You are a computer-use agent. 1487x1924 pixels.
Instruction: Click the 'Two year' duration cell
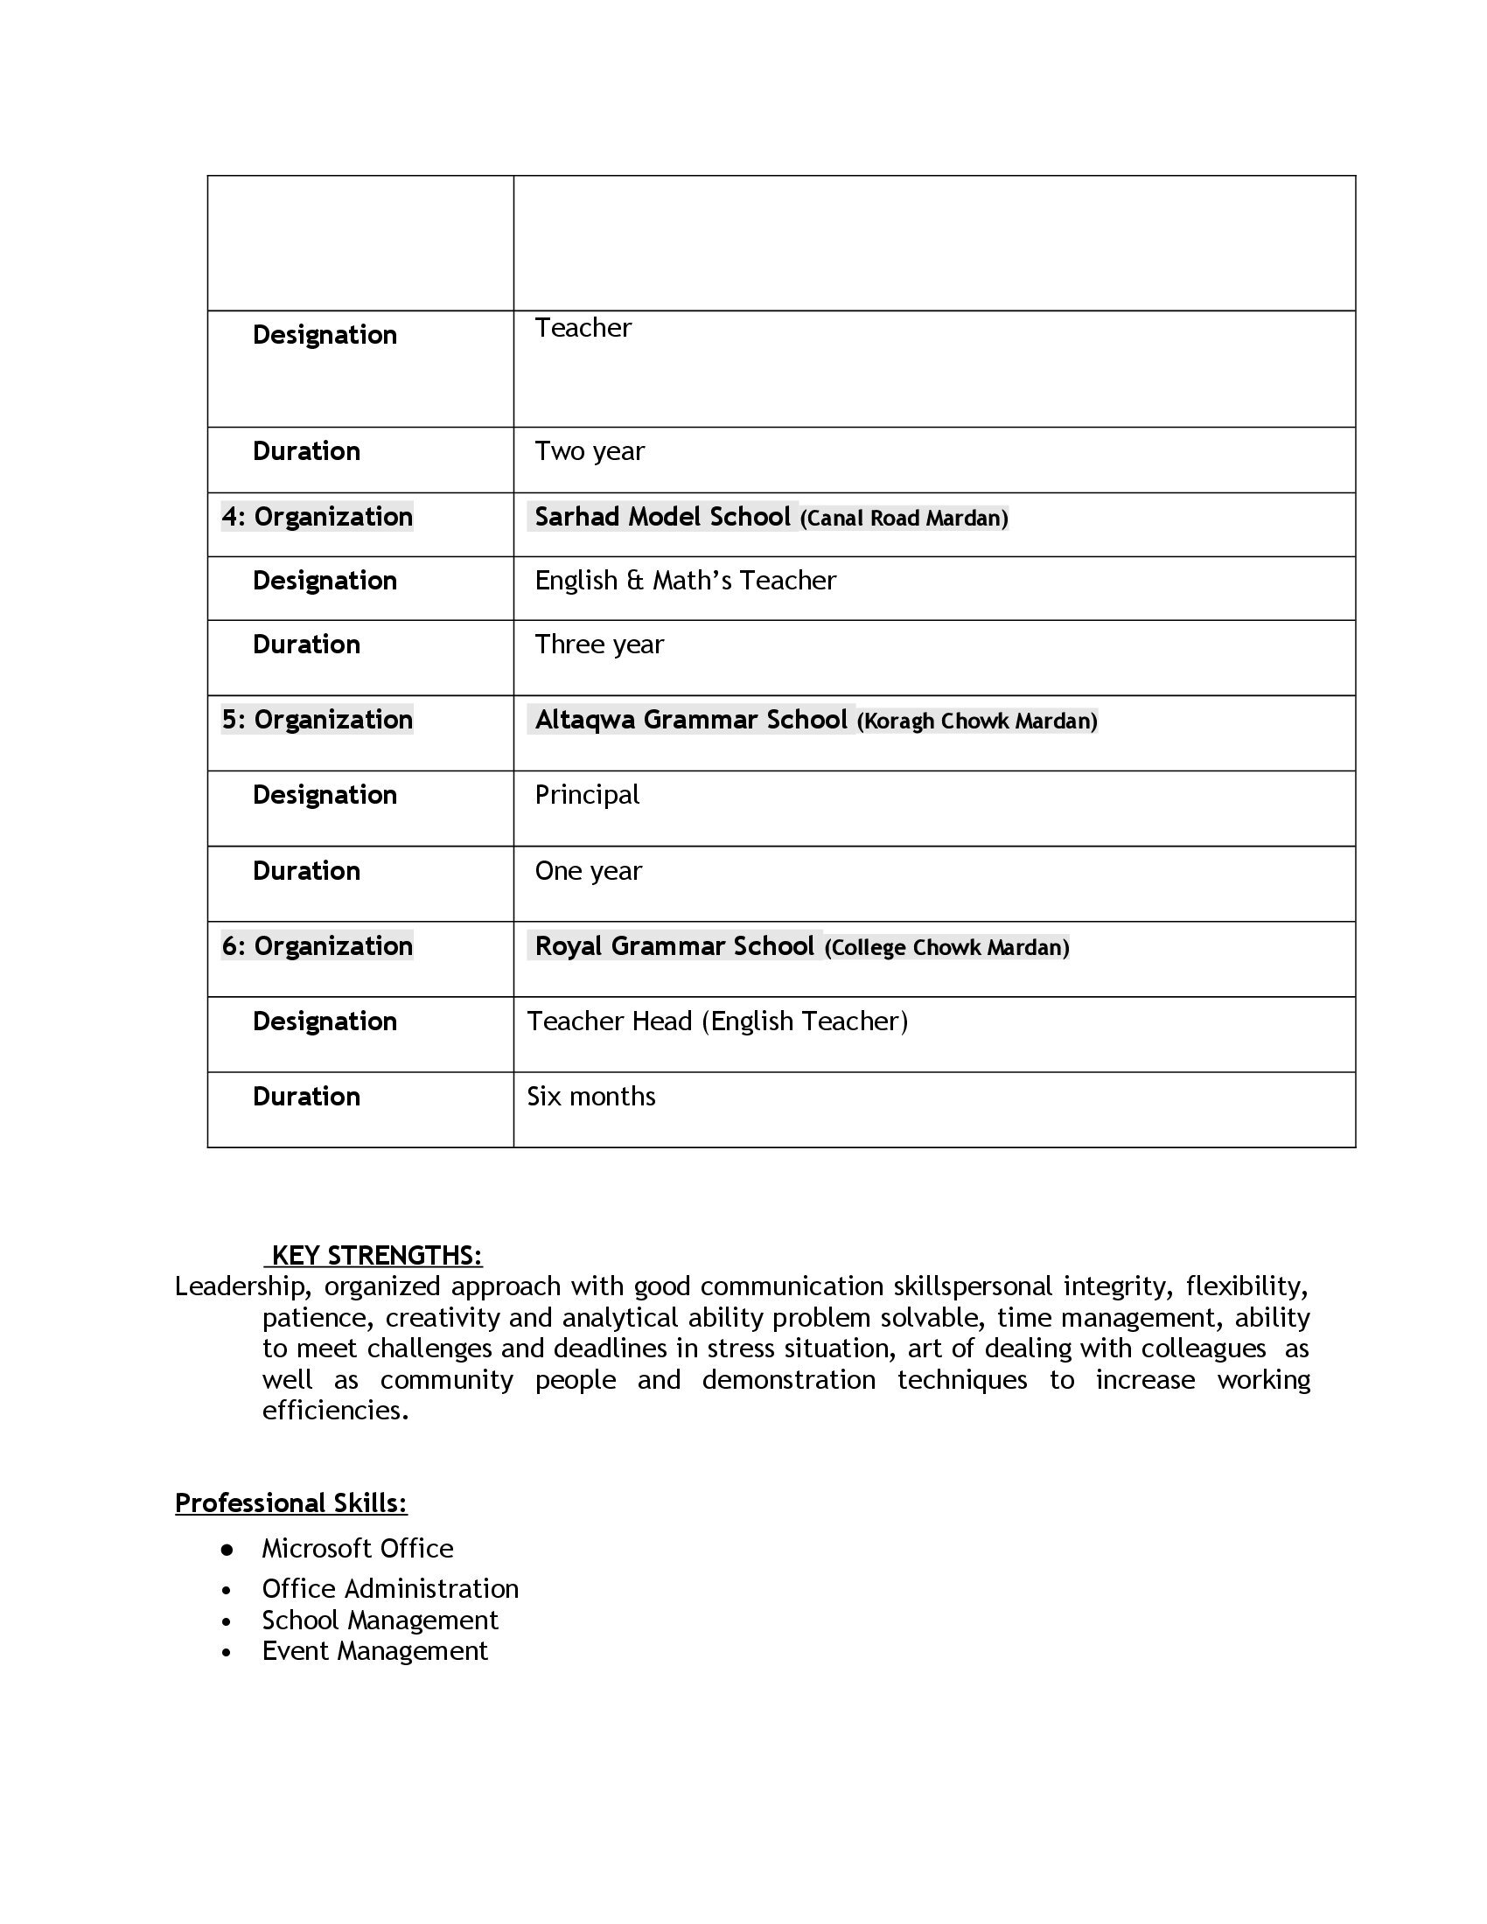tap(590, 451)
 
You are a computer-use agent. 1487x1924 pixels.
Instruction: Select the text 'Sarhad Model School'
tap(662, 516)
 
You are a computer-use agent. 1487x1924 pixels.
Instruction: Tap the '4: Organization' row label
tap(318, 516)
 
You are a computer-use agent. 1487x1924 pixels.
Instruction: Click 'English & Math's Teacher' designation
tap(686, 581)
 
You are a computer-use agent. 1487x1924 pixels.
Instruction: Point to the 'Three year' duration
tap(599, 645)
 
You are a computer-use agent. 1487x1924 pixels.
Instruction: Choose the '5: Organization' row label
tap(318, 720)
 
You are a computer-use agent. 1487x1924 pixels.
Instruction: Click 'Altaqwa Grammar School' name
tap(691, 720)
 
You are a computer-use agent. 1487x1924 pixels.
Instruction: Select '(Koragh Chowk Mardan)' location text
tap(977, 721)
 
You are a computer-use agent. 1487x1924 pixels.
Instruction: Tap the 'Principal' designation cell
tap(587, 795)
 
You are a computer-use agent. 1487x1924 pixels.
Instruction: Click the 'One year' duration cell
tap(589, 871)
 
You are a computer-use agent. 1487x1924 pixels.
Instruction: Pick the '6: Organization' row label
tap(318, 946)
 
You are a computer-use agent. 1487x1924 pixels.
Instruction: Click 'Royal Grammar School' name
tap(674, 946)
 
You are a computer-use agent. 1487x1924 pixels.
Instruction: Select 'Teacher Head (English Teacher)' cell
tap(717, 1021)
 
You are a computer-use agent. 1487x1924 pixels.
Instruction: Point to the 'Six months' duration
tap(591, 1097)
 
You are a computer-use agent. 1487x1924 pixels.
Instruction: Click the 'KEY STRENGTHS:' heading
tap(376, 1255)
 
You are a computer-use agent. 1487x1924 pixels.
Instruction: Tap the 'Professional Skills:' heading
tap(291, 1502)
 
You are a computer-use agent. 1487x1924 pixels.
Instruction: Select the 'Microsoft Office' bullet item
tap(358, 1549)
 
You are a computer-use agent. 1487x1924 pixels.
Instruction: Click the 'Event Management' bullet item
tap(374, 1651)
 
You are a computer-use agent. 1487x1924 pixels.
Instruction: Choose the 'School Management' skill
tap(380, 1620)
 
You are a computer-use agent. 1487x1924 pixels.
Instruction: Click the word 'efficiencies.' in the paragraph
tap(336, 1411)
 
